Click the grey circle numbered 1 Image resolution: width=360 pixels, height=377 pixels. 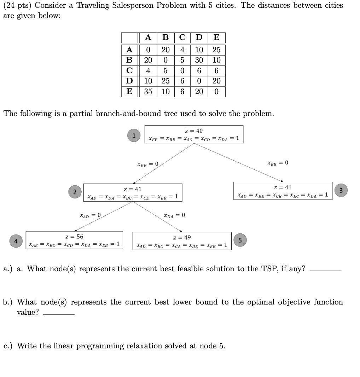pyautogui.click(x=134, y=136)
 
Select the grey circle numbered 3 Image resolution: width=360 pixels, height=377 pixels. pyautogui.click(x=341, y=191)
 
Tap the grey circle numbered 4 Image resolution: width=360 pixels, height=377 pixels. pyautogui.click(x=16, y=240)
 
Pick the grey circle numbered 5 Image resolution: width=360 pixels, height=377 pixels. pyautogui.click(x=240, y=240)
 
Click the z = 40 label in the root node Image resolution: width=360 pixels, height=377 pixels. pyautogui.click(x=194, y=131)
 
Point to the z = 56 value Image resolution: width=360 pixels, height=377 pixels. pyautogui.click(x=74, y=237)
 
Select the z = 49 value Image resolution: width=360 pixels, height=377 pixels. pyautogui.click(x=182, y=238)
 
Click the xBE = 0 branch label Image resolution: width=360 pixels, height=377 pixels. pyautogui.click(x=147, y=164)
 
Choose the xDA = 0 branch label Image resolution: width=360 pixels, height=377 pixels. pyautogui.click(x=174, y=215)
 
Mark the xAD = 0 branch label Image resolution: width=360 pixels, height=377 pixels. pyautogui.click(x=90, y=215)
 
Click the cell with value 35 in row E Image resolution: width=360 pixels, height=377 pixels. pyautogui.click(x=148, y=92)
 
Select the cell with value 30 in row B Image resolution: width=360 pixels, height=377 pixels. pyautogui.click(x=199, y=60)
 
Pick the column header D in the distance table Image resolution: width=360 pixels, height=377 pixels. pyautogui.click(x=199, y=37)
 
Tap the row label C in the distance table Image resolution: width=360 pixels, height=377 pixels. pyautogui.click(x=129, y=71)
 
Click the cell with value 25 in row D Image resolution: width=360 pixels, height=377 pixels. pyautogui.click(x=166, y=81)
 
